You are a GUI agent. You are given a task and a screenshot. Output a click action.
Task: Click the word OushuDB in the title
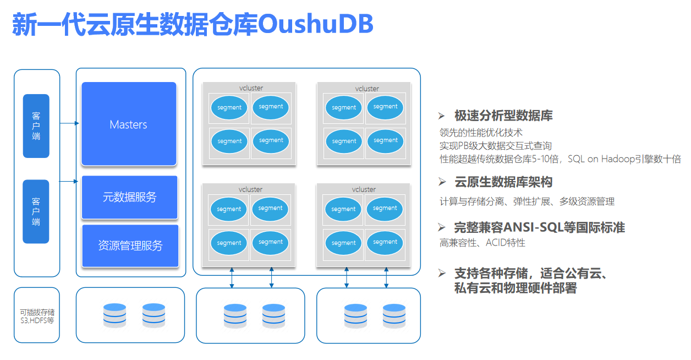tap(315, 24)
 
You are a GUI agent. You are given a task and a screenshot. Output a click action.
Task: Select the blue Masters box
tap(129, 124)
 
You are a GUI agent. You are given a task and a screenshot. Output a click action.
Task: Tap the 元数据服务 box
tap(129, 197)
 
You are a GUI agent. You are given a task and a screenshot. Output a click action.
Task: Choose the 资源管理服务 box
tap(130, 246)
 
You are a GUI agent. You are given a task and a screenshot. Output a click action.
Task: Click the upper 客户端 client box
tap(36, 126)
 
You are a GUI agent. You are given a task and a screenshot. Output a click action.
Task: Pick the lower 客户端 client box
tap(36, 211)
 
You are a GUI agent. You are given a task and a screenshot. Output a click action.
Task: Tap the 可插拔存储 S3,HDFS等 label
tap(37, 316)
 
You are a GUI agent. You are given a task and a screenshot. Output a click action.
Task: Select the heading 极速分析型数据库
tap(503, 116)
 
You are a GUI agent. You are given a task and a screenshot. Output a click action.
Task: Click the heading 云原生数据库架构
tap(503, 182)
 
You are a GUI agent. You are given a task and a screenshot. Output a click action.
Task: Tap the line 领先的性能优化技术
tap(480, 132)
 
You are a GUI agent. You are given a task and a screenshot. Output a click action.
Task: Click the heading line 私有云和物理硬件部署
tap(515, 287)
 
